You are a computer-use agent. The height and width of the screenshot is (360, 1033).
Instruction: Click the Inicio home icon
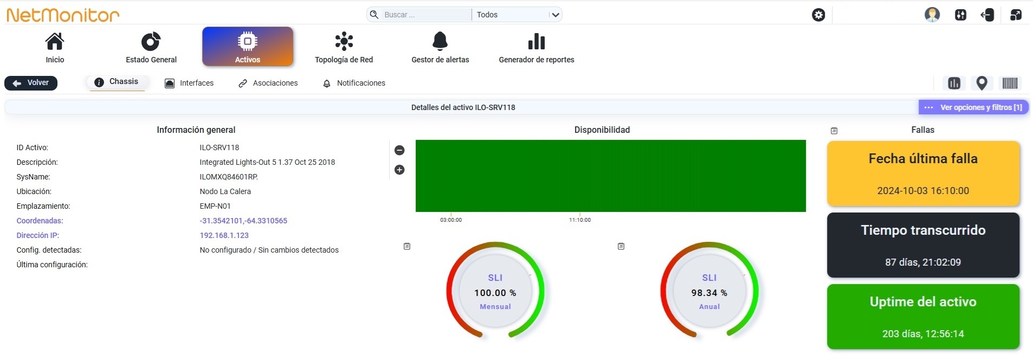pyautogui.click(x=55, y=41)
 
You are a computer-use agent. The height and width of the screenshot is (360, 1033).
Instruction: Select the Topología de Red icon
pyautogui.click(x=344, y=41)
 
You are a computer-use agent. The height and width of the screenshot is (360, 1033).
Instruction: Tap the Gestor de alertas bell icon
pyautogui.click(x=440, y=41)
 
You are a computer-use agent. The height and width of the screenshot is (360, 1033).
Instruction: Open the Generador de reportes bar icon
pyautogui.click(x=537, y=41)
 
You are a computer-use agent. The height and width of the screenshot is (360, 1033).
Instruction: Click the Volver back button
pyautogui.click(x=31, y=83)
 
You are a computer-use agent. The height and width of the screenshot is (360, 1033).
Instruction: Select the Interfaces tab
pyautogui.click(x=189, y=83)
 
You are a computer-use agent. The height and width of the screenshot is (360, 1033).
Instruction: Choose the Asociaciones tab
pyautogui.click(x=268, y=83)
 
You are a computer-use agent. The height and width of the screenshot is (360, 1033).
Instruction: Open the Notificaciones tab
pyautogui.click(x=354, y=83)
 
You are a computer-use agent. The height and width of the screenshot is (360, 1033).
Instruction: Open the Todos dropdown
pyautogui.click(x=517, y=15)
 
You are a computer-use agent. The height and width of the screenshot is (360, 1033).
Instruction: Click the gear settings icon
pyautogui.click(x=818, y=15)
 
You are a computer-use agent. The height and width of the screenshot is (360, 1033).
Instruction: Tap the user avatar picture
pyautogui.click(x=932, y=15)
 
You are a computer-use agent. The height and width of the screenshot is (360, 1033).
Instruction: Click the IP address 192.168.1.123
pyautogui.click(x=224, y=235)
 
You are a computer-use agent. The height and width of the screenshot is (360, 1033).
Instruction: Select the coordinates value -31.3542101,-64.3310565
pyautogui.click(x=243, y=221)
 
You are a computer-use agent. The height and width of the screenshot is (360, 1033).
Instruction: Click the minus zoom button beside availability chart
pyautogui.click(x=399, y=150)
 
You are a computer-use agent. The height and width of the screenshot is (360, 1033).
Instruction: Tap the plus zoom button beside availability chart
pyautogui.click(x=399, y=170)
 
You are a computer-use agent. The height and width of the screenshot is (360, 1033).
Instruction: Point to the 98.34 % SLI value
pyautogui.click(x=709, y=293)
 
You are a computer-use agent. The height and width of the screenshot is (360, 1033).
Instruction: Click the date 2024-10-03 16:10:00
pyautogui.click(x=923, y=191)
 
